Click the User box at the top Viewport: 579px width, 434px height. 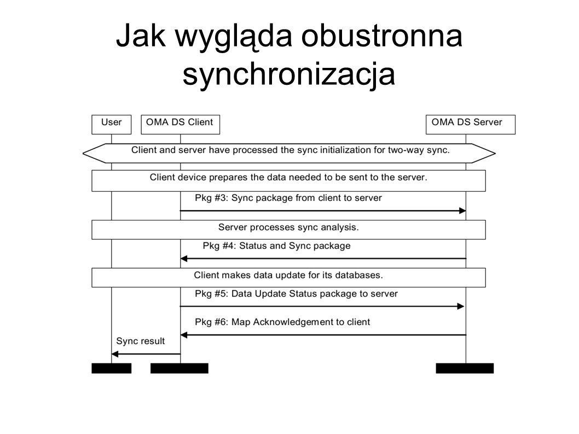[112, 124]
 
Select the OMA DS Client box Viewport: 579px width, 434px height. [180, 124]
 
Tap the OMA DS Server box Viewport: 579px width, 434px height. [471, 124]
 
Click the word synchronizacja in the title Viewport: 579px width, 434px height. [289, 74]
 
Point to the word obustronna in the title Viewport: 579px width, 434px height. [382, 36]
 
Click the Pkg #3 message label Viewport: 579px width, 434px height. [288, 198]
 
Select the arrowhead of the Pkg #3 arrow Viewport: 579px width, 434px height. [462, 211]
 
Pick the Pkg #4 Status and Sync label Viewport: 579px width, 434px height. [276, 246]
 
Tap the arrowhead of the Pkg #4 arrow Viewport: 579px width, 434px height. [184, 258]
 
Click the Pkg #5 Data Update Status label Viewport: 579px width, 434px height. [296, 294]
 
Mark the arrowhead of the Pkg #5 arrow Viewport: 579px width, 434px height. [460, 306]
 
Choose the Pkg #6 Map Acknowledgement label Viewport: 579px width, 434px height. [282, 322]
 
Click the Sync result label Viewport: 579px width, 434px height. [140, 341]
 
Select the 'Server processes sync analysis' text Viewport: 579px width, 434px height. [288, 228]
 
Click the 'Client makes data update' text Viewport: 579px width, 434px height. [288, 275]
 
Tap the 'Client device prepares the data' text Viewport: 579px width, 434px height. [288, 178]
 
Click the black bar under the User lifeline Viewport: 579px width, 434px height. [112, 368]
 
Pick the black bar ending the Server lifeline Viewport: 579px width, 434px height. [465, 368]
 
